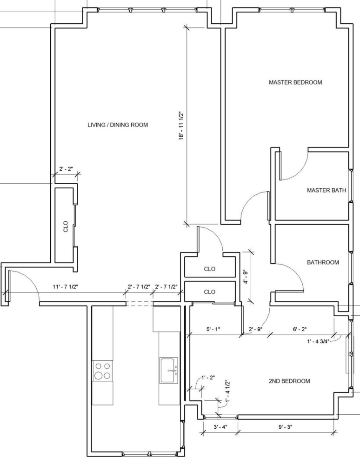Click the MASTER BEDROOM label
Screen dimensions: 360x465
tap(295, 82)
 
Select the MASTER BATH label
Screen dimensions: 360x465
tap(327, 190)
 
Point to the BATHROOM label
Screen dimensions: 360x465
tap(323, 262)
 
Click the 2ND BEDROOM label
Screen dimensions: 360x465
tap(289, 381)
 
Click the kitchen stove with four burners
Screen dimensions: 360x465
tap(103, 371)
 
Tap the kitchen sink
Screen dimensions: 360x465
tap(169, 370)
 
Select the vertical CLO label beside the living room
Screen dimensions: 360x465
tap(66, 226)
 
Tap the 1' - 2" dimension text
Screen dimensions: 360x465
tap(208, 378)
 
